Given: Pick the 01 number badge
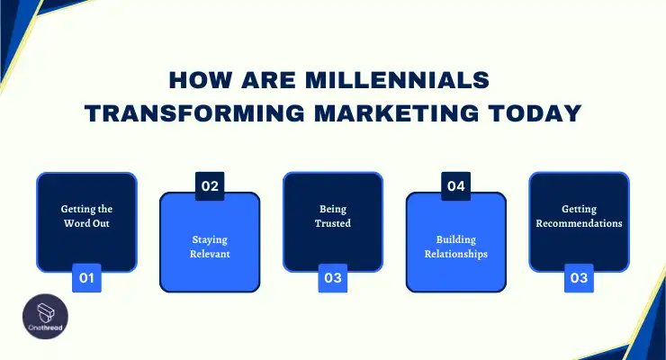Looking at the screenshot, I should click(x=86, y=278).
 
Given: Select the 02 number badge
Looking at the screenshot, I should click(x=210, y=187).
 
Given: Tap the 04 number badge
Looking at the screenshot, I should click(x=455, y=187).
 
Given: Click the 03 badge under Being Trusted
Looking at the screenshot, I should click(x=333, y=278).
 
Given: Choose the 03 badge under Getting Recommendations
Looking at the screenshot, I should click(x=579, y=278).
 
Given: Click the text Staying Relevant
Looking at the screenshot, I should click(x=210, y=247).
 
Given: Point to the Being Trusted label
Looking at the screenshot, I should click(x=333, y=216).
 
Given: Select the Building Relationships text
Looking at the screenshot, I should click(x=455, y=247).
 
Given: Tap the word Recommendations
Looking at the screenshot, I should click(x=579, y=223).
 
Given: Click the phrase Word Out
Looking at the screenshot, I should click(x=86, y=223).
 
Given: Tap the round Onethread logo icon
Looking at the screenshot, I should click(x=35, y=317).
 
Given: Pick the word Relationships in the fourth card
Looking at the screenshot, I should click(x=455, y=255).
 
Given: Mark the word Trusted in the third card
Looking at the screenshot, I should click(x=333, y=223).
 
